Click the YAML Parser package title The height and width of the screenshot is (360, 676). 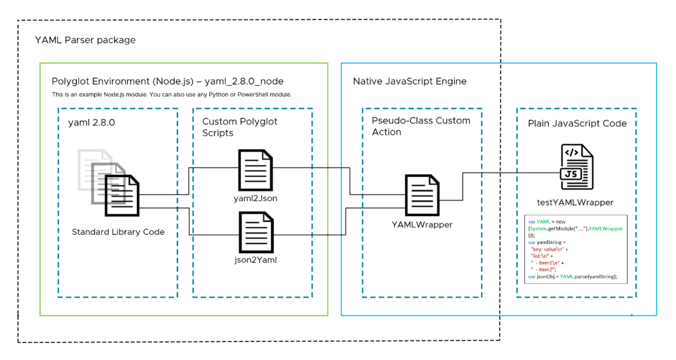pyautogui.click(x=85, y=40)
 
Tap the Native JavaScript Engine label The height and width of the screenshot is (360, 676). pyautogui.click(x=410, y=81)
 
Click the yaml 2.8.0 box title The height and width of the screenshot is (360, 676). pyautogui.click(x=92, y=121)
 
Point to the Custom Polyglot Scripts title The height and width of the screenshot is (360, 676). pyautogui.click(x=239, y=127)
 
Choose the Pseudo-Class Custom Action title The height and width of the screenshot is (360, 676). pyautogui.click(x=420, y=126)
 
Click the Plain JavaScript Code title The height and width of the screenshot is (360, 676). pyautogui.click(x=577, y=123)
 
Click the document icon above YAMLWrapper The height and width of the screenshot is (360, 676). pyautogui.click(x=422, y=193)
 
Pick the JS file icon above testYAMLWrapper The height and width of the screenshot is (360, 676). pyautogui.click(x=577, y=166)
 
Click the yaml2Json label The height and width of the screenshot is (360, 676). pyautogui.click(x=256, y=198)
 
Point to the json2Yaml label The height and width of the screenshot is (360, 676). pyautogui.click(x=256, y=260)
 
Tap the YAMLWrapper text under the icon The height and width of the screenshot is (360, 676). pyautogui.click(x=422, y=224)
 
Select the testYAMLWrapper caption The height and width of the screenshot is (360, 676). pyautogui.click(x=575, y=202)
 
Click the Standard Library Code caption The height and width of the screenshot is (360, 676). pyautogui.click(x=118, y=232)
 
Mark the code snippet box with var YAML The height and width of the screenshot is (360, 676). pyautogui.click(x=575, y=248)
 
